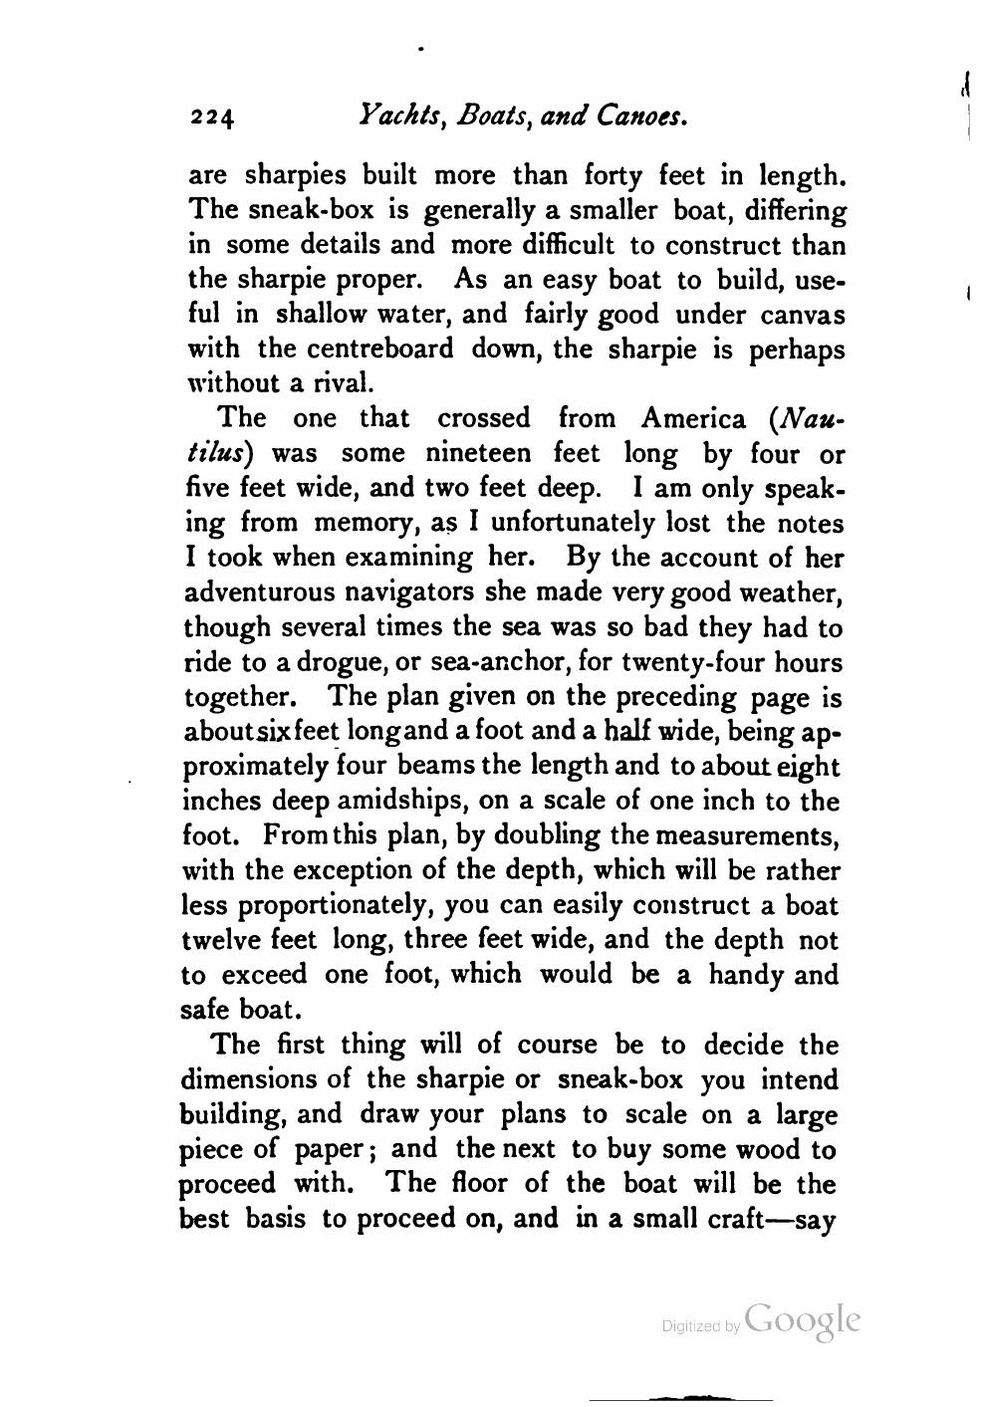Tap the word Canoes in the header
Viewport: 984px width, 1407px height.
coord(640,117)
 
